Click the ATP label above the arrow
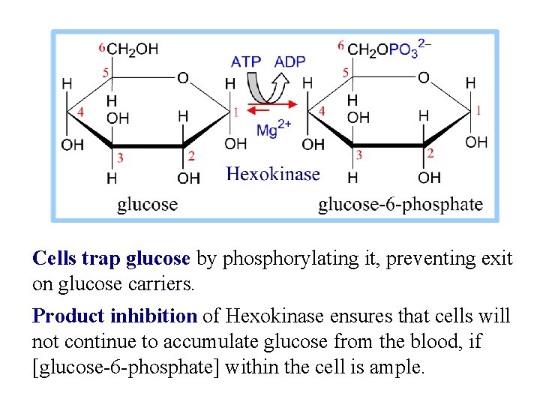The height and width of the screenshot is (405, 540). [x=245, y=61]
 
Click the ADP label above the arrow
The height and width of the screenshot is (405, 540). [x=289, y=61]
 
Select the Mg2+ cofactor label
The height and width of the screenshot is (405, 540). [x=274, y=128]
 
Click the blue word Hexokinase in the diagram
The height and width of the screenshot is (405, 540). [x=273, y=175]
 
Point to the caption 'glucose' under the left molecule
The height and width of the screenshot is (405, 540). [x=147, y=204]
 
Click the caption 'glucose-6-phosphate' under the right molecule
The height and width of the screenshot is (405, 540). [x=400, y=204]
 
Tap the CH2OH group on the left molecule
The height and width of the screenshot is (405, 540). [x=133, y=49]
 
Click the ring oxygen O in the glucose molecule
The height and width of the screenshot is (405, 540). [x=183, y=78]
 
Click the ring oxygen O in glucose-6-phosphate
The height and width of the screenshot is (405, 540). [x=424, y=78]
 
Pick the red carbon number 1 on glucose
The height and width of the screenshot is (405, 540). [x=236, y=112]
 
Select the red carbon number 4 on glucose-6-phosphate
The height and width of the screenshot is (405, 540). [x=322, y=111]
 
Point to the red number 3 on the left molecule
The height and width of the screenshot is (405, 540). [x=120, y=157]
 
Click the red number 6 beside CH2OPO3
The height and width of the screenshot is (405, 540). [x=340, y=46]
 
